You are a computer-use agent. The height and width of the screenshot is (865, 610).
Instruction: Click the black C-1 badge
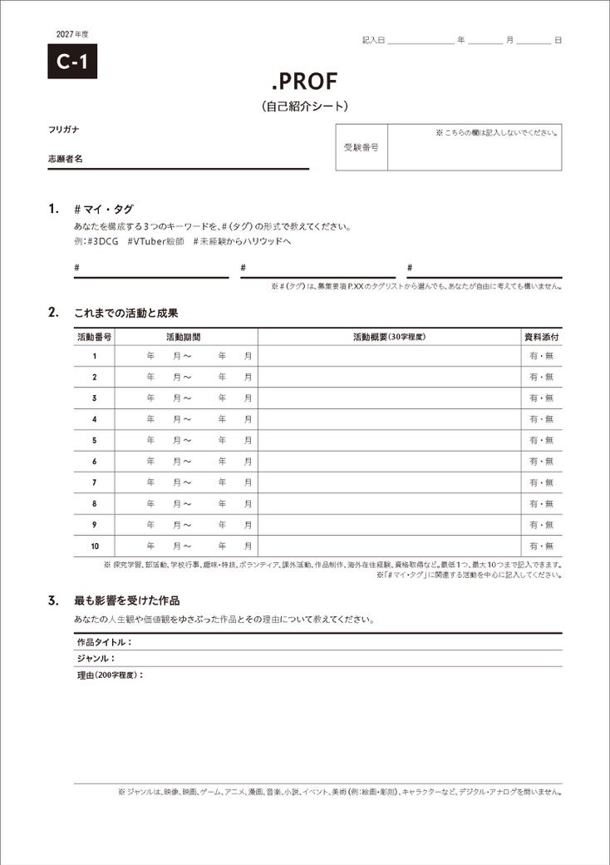(72, 62)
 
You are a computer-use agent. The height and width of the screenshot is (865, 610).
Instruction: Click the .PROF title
(304, 82)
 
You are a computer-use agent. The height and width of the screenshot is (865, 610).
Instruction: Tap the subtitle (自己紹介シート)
(304, 106)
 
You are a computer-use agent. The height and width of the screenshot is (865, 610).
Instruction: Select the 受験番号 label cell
(362, 147)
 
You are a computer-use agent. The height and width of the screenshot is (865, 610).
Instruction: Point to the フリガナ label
(64, 130)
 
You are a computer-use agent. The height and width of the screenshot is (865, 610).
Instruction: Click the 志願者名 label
(66, 158)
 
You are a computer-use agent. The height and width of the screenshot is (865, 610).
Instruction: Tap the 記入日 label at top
(373, 40)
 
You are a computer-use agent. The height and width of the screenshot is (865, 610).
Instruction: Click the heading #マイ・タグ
(103, 210)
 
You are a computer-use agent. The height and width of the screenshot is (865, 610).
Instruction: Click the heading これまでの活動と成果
(126, 313)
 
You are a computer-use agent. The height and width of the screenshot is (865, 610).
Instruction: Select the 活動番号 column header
(95, 338)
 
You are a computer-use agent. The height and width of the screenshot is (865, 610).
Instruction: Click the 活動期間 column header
(183, 338)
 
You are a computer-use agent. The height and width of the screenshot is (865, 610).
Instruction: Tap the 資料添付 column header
(541, 338)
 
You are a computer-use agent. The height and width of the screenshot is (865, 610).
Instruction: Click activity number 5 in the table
(95, 440)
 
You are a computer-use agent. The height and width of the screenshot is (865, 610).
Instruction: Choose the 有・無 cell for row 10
(541, 546)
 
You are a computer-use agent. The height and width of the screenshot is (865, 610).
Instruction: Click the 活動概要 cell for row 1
(389, 356)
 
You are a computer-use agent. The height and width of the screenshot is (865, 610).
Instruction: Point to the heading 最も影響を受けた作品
(126, 600)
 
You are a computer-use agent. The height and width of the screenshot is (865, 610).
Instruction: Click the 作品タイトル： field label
(104, 642)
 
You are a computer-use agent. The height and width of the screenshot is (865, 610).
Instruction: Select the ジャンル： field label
(96, 659)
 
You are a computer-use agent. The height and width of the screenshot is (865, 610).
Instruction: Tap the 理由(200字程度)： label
(110, 675)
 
